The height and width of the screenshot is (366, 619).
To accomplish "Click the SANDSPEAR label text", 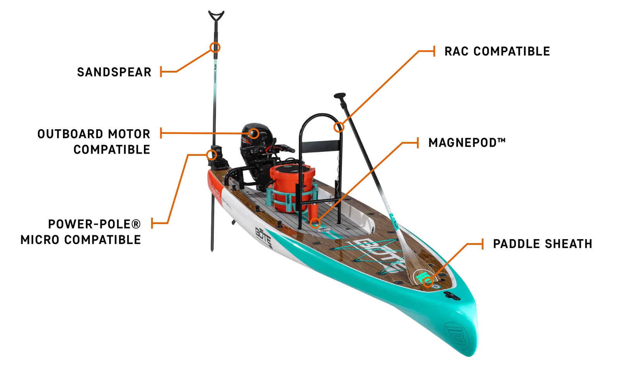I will coord(114,72).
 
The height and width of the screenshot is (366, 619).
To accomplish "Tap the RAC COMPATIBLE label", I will coord(497,51).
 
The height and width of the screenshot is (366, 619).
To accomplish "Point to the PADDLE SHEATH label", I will coord(542,244).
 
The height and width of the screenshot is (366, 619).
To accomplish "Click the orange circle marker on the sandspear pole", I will coord(215,48).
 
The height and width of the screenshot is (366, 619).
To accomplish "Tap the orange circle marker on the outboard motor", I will coord(253,133).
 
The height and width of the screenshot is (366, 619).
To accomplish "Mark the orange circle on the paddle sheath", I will coord(427,281).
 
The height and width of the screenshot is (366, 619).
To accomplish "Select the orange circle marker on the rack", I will coord(339,127).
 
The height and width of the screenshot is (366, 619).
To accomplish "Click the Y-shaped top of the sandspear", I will coord(216,16).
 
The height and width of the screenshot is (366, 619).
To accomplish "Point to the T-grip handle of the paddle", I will coord(340,95).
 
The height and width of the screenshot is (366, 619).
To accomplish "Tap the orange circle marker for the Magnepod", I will coord(315,222).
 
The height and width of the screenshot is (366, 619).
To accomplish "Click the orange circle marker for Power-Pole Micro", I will coord(211,155).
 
